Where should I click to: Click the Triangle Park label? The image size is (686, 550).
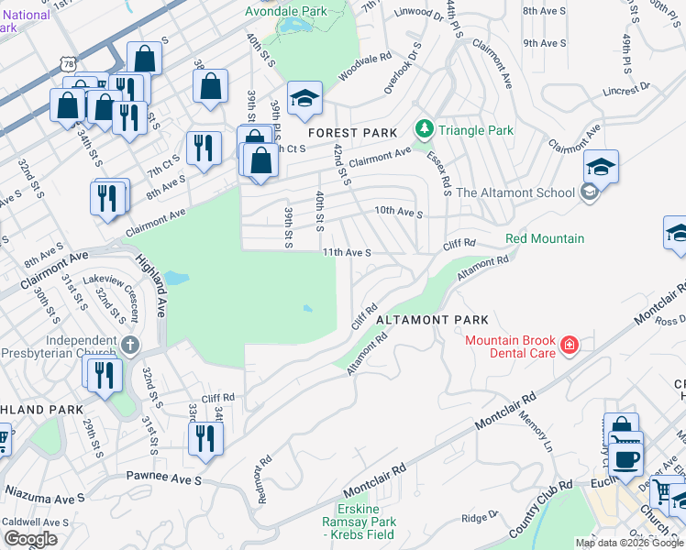click(476, 130)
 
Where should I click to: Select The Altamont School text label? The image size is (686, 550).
click(515, 192)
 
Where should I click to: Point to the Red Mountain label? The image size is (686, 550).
click(545, 239)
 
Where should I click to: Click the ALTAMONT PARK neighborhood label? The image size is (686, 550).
click(432, 320)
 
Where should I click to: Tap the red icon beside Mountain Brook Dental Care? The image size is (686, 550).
click(570, 346)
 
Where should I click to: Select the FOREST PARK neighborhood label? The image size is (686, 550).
click(353, 133)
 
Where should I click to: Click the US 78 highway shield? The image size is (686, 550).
click(64, 62)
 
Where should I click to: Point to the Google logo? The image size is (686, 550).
click(30, 539)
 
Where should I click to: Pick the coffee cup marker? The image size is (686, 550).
click(626, 458)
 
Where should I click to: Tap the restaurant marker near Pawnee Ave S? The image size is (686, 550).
click(205, 437)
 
